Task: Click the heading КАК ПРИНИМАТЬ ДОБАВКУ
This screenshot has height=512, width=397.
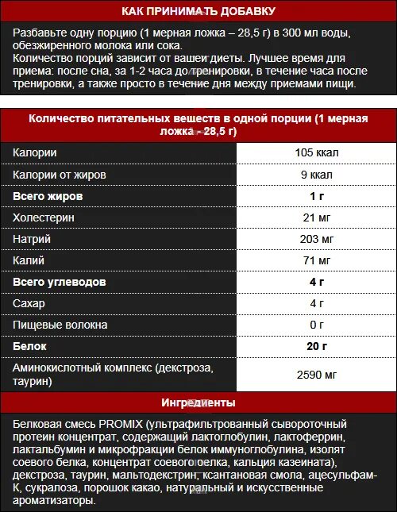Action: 198,12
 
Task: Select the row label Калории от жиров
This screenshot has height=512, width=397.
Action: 60,174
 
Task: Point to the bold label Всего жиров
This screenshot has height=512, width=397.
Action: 48,196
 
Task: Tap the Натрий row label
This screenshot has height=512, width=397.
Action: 33,239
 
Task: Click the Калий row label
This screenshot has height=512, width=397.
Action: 29,260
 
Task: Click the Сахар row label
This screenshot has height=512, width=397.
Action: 29,303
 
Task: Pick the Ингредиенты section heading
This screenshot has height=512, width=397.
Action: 198,402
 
